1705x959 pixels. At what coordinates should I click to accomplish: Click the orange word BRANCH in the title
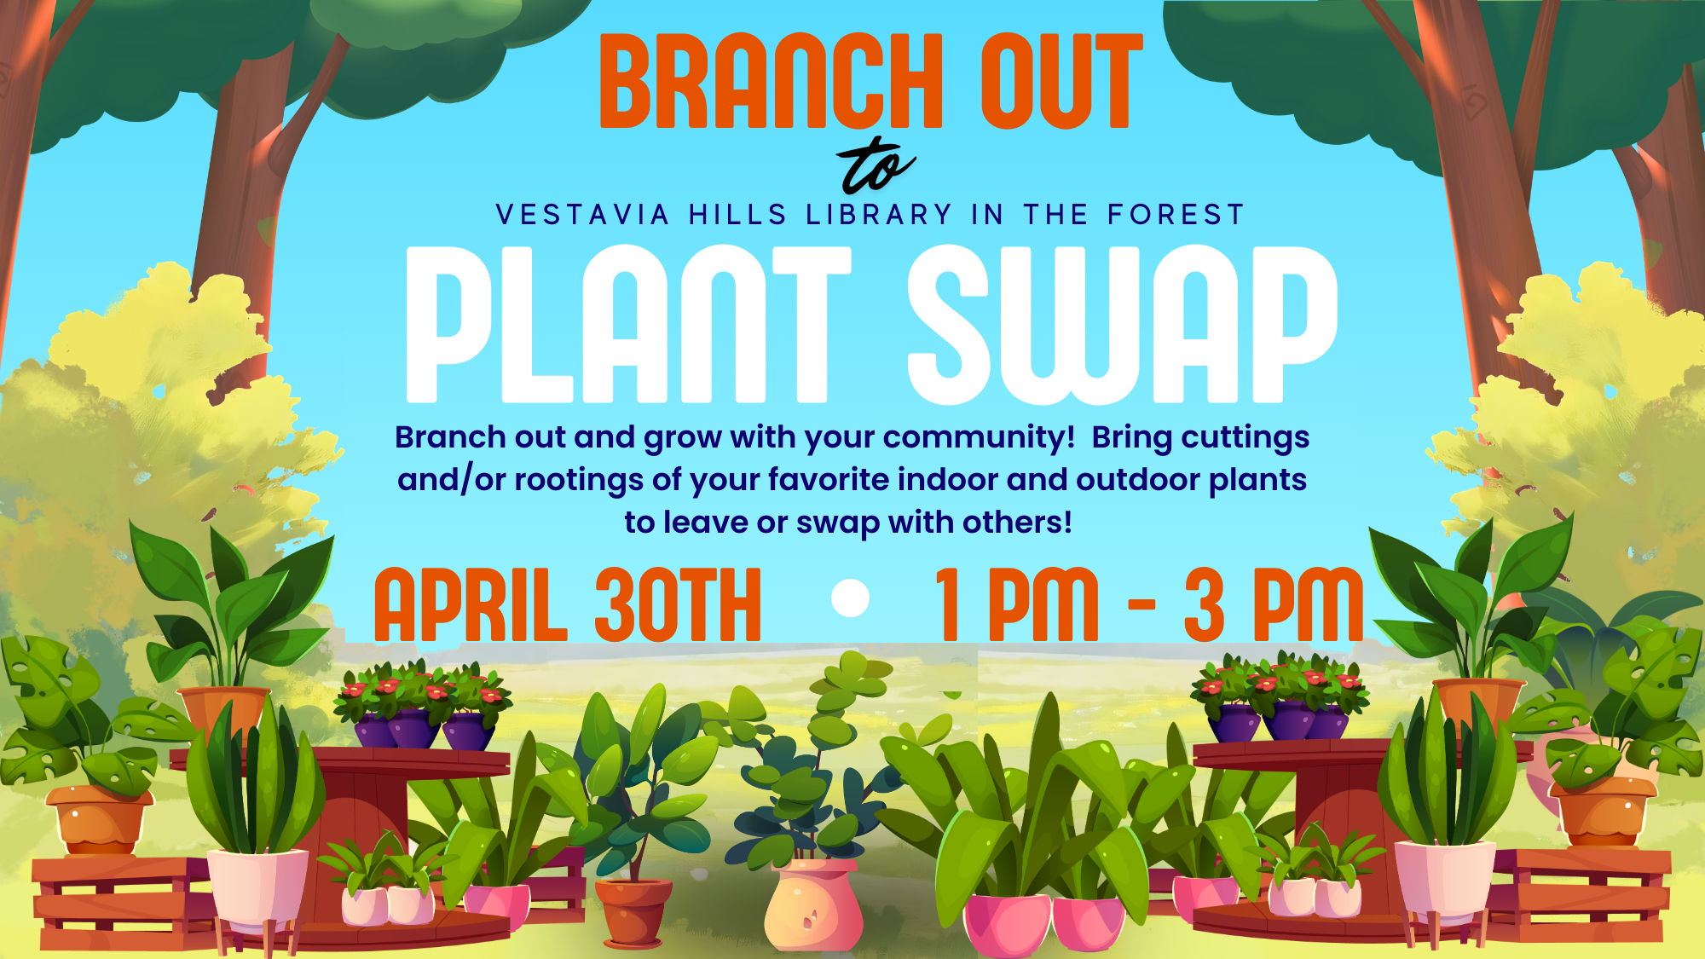point(772,81)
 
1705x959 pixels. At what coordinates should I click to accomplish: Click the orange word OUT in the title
point(1061,81)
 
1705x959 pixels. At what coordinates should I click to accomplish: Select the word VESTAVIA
point(583,215)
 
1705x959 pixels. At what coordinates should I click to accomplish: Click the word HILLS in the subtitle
point(738,215)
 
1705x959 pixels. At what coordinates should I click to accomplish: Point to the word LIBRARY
point(879,215)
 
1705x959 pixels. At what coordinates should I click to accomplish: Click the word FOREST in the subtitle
point(1176,215)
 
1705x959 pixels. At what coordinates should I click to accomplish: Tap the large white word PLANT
point(629,324)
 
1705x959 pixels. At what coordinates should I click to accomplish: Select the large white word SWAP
point(1122,324)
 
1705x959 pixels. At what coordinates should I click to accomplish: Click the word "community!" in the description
point(979,438)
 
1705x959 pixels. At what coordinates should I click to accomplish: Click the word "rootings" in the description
point(579,481)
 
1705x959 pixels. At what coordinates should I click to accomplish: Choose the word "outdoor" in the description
point(1138,479)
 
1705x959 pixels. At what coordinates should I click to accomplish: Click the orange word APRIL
point(471,604)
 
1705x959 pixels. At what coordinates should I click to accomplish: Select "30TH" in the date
point(678,604)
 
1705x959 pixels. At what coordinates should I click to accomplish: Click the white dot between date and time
point(850,598)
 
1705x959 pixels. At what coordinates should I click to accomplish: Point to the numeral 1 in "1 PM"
point(951,604)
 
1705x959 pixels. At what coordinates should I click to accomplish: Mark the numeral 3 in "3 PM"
point(1204,604)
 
